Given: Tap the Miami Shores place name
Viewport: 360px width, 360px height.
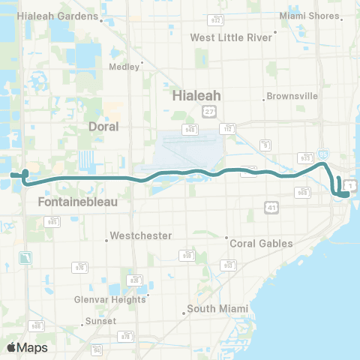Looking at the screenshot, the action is (308, 15).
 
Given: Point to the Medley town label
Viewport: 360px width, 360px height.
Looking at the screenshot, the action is (124, 66).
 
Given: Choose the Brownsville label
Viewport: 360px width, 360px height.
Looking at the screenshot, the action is (295, 97).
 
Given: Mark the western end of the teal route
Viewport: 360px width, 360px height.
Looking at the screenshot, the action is (12, 175).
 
